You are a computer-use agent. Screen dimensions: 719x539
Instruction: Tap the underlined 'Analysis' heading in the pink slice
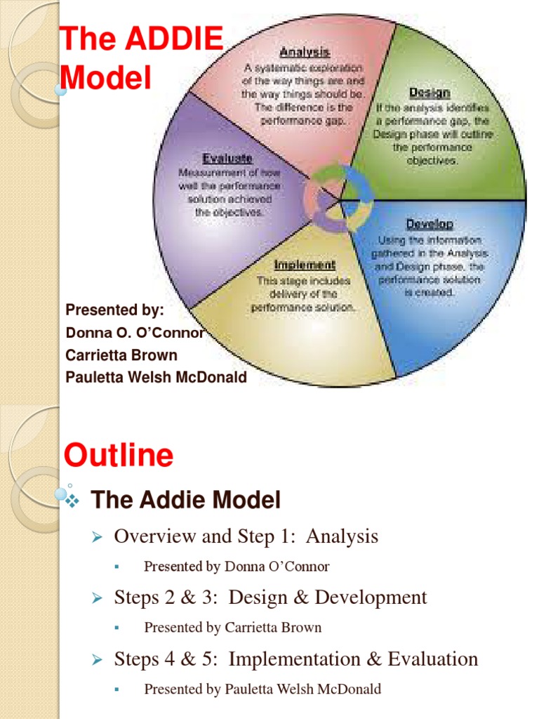305,53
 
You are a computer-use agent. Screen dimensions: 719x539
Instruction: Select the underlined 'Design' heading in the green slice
430,93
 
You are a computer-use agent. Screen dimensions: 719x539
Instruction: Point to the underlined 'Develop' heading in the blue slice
430,225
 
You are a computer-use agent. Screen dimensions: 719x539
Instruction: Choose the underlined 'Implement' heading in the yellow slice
305,265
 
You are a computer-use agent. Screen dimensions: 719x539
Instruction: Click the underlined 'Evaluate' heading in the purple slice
227,159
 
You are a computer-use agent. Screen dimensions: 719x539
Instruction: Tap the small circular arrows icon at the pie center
339,199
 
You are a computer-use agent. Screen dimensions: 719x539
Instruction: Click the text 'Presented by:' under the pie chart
114,310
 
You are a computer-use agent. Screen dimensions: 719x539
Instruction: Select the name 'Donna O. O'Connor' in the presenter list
135,333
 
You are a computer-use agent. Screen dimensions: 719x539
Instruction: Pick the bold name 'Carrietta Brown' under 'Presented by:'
121,355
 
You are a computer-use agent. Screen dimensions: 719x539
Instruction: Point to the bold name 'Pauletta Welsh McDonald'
156,377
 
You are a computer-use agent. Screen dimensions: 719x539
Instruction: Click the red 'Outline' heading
118,456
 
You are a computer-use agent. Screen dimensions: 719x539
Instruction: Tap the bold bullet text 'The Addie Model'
186,501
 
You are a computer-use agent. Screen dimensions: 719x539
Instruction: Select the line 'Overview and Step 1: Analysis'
246,537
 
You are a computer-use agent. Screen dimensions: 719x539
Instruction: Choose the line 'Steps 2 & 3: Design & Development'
270,598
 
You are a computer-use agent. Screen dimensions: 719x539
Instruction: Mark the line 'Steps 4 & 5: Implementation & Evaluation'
295,659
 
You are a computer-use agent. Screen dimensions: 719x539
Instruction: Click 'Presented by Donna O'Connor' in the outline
237,567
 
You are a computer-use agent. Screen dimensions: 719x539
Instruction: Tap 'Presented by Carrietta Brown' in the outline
233,628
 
